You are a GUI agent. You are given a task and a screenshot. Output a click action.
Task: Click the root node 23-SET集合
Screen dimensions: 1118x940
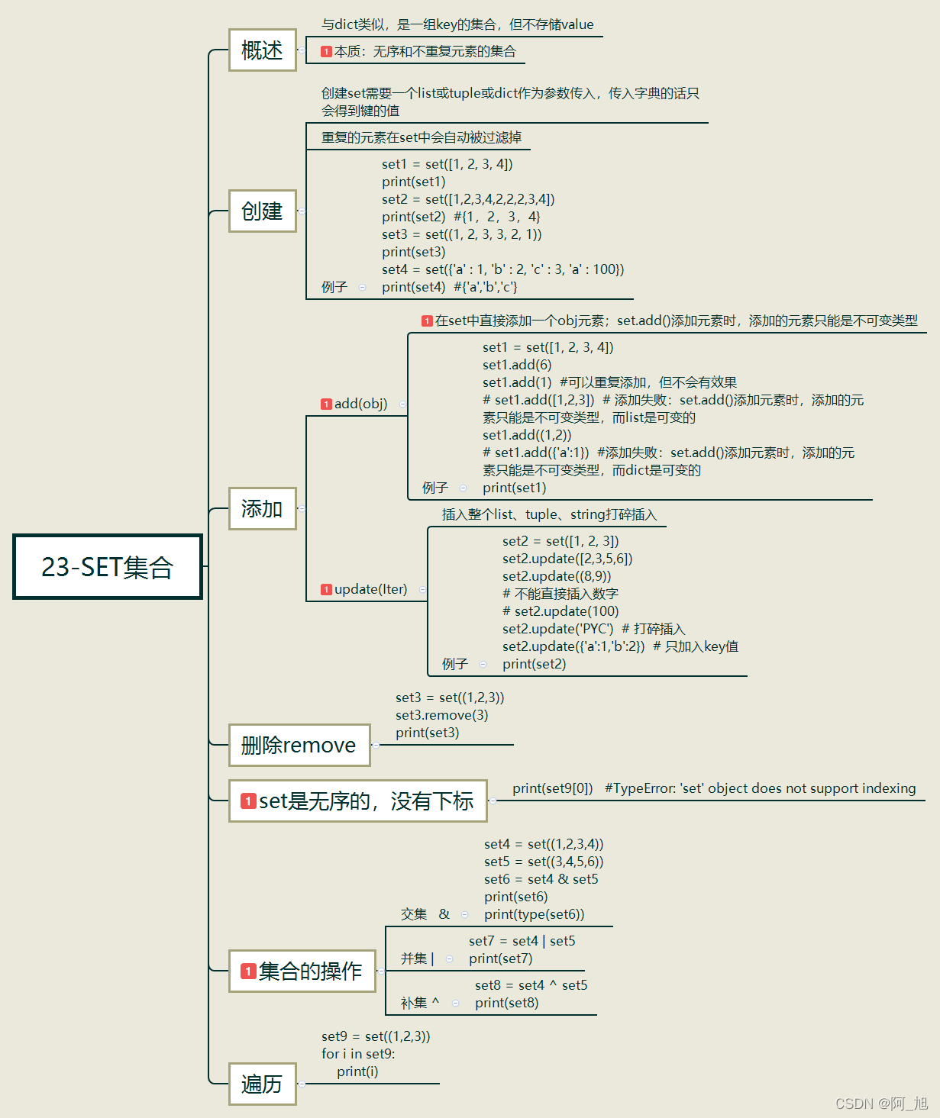click(x=108, y=567)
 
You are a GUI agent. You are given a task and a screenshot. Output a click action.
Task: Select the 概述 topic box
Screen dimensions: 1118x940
click(x=262, y=50)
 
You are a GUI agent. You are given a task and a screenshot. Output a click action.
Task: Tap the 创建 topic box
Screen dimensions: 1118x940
click(x=262, y=211)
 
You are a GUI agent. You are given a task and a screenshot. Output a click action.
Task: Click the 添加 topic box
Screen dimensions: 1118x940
click(x=262, y=509)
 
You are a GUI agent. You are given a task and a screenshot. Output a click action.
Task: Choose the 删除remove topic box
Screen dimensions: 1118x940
click(x=299, y=746)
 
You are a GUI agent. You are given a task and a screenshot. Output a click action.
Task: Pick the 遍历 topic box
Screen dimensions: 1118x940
click(x=262, y=1084)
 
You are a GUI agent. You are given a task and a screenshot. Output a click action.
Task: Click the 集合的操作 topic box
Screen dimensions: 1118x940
click(x=302, y=971)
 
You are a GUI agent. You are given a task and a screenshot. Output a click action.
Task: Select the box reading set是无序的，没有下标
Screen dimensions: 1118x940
click(x=358, y=801)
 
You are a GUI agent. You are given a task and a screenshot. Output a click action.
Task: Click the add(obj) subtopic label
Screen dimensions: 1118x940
click(x=360, y=404)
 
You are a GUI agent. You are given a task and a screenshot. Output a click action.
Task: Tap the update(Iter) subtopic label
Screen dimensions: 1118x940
click(x=370, y=589)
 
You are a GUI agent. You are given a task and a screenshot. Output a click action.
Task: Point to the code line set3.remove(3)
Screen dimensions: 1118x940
click(x=441, y=715)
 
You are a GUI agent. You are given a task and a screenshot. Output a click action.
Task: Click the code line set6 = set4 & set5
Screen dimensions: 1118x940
click(x=541, y=879)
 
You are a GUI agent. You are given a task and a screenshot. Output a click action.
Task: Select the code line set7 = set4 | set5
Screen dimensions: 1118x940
click(x=522, y=941)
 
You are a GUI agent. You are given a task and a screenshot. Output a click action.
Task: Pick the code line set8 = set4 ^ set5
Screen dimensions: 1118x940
click(x=531, y=985)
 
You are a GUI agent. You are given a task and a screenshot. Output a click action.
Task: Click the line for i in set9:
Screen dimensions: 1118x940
click(x=358, y=1054)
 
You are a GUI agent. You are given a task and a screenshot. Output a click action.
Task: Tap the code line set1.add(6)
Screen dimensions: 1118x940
click(x=516, y=365)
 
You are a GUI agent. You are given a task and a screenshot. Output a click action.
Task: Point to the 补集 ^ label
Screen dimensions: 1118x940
click(x=420, y=1003)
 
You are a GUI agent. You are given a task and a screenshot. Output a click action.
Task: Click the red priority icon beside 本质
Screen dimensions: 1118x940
click(x=326, y=52)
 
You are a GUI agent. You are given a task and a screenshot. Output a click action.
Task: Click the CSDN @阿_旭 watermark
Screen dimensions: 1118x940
click(x=881, y=1104)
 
